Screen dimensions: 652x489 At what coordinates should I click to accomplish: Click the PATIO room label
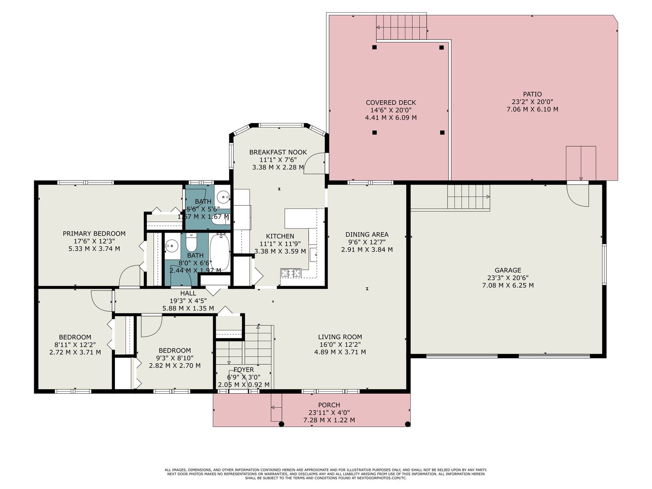pos(532,95)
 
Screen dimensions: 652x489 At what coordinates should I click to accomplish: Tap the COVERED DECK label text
pos(391,103)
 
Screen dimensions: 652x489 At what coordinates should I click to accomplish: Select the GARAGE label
pos(508,270)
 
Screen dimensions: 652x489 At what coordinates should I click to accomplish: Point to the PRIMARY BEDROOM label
pos(94,233)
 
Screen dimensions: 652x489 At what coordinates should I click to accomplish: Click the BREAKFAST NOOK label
pos(278,152)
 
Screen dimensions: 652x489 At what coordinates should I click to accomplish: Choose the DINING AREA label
pos(367,235)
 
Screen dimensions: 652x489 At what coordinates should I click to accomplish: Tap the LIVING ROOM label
pos(340,337)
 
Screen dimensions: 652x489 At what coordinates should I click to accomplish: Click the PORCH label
pos(329,405)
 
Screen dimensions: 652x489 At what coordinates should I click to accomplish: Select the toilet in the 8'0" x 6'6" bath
pos(192,242)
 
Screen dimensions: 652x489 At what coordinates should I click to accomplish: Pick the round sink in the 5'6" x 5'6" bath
pos(224,196)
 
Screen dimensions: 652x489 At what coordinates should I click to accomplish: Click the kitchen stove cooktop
pos(291,273)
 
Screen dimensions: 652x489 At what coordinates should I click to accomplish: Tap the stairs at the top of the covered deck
pos(401,27)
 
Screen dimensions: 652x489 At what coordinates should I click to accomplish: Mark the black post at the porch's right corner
pos(408,424)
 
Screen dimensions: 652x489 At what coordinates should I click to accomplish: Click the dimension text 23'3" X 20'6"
pos(508,278)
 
